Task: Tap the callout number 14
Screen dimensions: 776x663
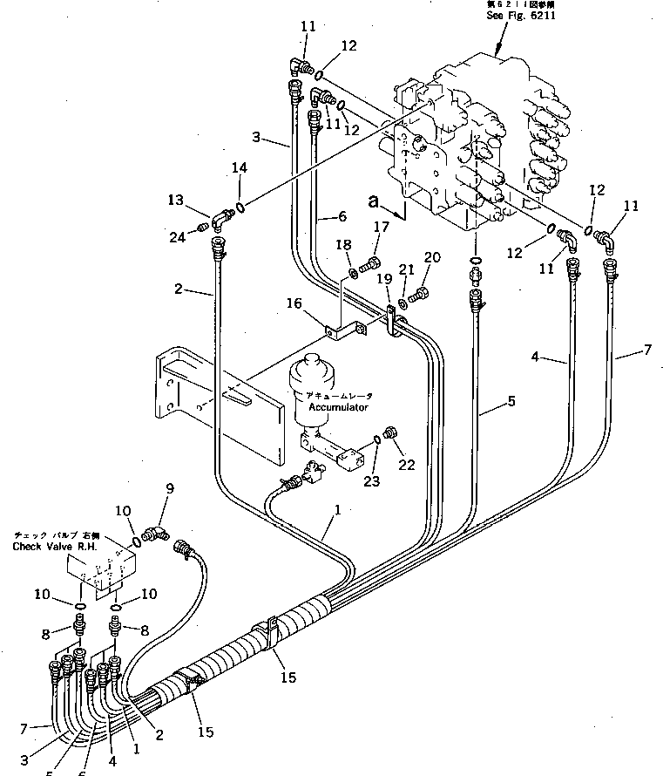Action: coord(240,167)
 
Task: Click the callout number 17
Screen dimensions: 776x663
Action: coord(381,228)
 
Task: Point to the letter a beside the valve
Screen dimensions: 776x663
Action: coord(374,201)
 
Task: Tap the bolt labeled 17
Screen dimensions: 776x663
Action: coord(373,260)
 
